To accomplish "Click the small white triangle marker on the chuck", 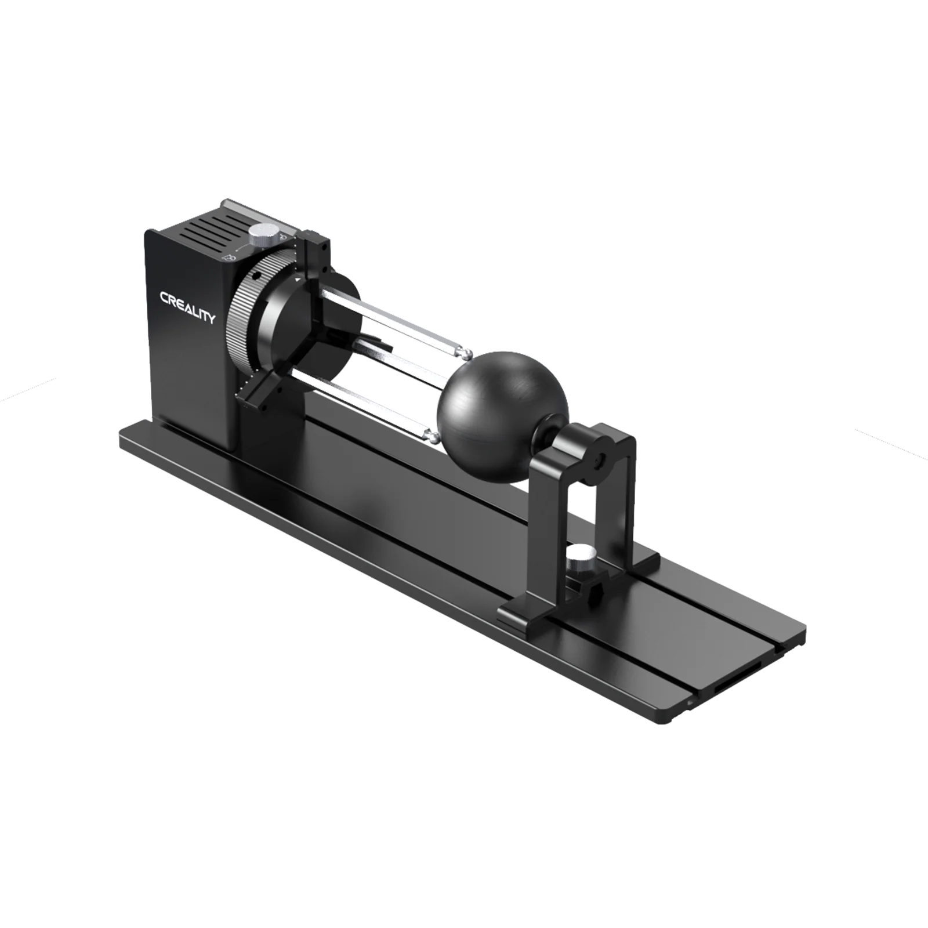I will click(x=298, y=280).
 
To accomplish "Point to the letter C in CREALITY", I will click(x=165, y=298).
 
